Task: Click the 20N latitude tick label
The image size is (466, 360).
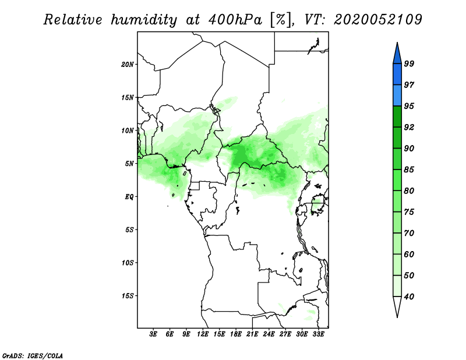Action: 128,64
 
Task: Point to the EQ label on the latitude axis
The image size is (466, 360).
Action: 129,197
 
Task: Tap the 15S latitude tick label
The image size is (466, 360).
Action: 128,296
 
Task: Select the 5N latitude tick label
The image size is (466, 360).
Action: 129,164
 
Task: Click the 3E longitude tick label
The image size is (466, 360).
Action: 153,334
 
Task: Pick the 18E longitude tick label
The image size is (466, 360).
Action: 236,334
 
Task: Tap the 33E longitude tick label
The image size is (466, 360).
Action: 318,334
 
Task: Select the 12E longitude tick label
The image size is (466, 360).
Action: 203,334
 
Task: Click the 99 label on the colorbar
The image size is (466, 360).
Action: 409,63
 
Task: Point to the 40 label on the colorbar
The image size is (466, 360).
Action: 409,297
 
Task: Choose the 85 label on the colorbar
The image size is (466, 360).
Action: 409,170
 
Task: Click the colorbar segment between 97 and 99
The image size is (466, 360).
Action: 397,75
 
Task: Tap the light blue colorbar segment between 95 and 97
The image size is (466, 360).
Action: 397,96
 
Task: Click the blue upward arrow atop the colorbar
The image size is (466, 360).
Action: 397,54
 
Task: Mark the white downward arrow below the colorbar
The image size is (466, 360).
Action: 397,306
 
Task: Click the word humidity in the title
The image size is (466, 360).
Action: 144,20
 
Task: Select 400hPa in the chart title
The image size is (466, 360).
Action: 235,20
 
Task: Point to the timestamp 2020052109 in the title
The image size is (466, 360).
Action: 377,19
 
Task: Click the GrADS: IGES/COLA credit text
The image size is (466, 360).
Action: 33,355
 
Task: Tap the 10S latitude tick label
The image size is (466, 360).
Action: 128,263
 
